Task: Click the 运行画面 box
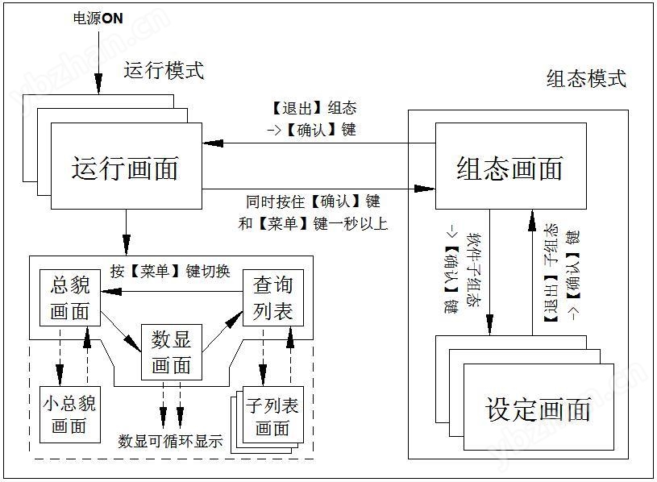coord(125,169)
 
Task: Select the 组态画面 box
coord(509,169)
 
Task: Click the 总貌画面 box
coord(69,298)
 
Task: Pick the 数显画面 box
coord(171,352)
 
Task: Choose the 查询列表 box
coord(273,298)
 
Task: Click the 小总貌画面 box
coord(69,413)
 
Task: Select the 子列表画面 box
coord(272,417)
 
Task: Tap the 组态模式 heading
coord(586,78)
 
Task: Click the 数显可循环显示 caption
coord(170,441)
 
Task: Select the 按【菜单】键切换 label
coord(170,272)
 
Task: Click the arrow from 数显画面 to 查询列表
coord(222,332)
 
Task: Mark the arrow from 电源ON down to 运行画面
coord(98,60)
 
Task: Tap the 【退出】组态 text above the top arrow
coord(314,108)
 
